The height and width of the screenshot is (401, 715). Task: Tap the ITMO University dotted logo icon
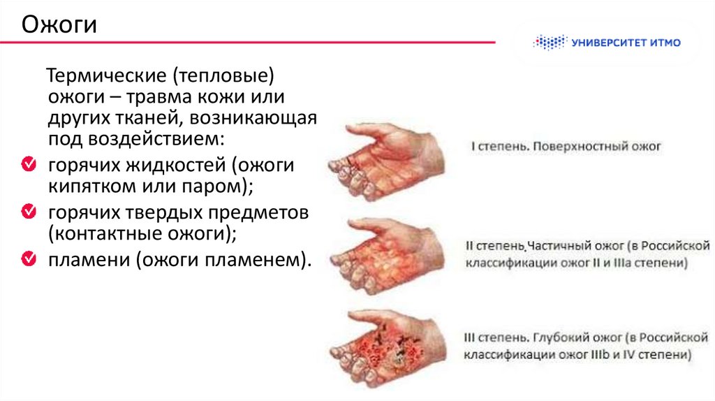coord(550,43)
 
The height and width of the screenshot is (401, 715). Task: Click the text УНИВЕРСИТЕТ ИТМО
coord(625,43)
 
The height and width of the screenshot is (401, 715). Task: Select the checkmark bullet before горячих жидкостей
coord(29,166)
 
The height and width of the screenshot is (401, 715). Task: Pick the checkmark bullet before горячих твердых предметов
coord(29,210)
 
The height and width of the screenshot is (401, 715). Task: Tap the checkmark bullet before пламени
coord(29,258)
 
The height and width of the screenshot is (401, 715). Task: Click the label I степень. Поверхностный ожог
coord(564,147)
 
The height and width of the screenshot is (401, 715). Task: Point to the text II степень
coord(494,247)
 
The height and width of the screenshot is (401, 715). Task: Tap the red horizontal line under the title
coord(244,42)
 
